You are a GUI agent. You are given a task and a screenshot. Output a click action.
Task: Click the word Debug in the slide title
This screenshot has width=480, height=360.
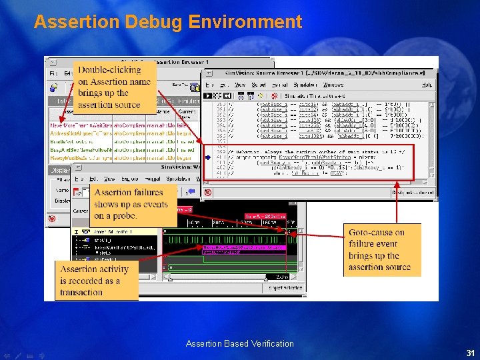point(149,22)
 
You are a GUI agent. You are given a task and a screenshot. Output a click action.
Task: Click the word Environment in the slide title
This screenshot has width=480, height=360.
point(245,22)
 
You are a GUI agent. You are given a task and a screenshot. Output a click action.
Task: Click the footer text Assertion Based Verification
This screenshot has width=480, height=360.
point(239,344)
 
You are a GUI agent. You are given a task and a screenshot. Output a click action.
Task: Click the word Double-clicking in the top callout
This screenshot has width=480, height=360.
point(109,70)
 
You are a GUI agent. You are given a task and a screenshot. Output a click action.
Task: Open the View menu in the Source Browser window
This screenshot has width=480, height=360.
point(239,85)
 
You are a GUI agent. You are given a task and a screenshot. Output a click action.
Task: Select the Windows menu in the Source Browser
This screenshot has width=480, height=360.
point(333,85)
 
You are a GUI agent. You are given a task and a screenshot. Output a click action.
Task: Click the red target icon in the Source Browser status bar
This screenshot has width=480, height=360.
point(207,193)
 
